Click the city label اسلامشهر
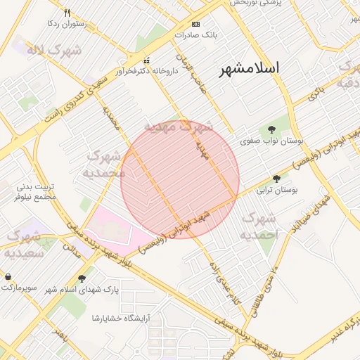pos(249,69)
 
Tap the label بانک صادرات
pos(200,34)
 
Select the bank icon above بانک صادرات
pos(195,23)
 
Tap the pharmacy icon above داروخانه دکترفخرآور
pos(146,60)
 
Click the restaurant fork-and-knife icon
pos(67,13)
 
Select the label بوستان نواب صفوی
pos(271,141)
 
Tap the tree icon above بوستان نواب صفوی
pos(271,129)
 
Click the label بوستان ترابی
pos(277,190)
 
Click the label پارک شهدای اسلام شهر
pos(82,290)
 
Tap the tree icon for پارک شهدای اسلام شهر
pos(82,278)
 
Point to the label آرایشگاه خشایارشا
pos(124,318)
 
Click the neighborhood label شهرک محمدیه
pos(104,163)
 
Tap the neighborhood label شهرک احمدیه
pos(260,226)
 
